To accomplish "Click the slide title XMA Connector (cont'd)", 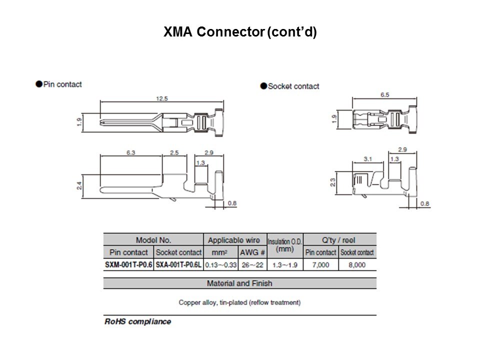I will click(240, 32).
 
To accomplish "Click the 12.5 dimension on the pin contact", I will click(161, 99).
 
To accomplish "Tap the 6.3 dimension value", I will click(130, 152).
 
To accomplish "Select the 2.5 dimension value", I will click(173, 152).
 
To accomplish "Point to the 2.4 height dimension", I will click(79, 186).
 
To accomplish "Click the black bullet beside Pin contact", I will click(38, 84).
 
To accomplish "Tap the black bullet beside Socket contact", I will click(263, 86).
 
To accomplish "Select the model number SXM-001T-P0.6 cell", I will click(128, 265).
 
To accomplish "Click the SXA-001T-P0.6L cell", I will click(178, 265).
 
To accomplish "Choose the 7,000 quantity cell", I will click(320, 265).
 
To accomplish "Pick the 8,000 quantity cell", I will click(357, 265).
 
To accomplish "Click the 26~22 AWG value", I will click(252, 265).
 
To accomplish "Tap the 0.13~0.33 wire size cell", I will click(220, 265).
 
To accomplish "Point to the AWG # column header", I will click(252, 252).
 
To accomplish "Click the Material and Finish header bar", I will click(239, 283).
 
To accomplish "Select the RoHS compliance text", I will click(137, 321).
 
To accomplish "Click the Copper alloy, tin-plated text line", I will click(239, 302).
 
